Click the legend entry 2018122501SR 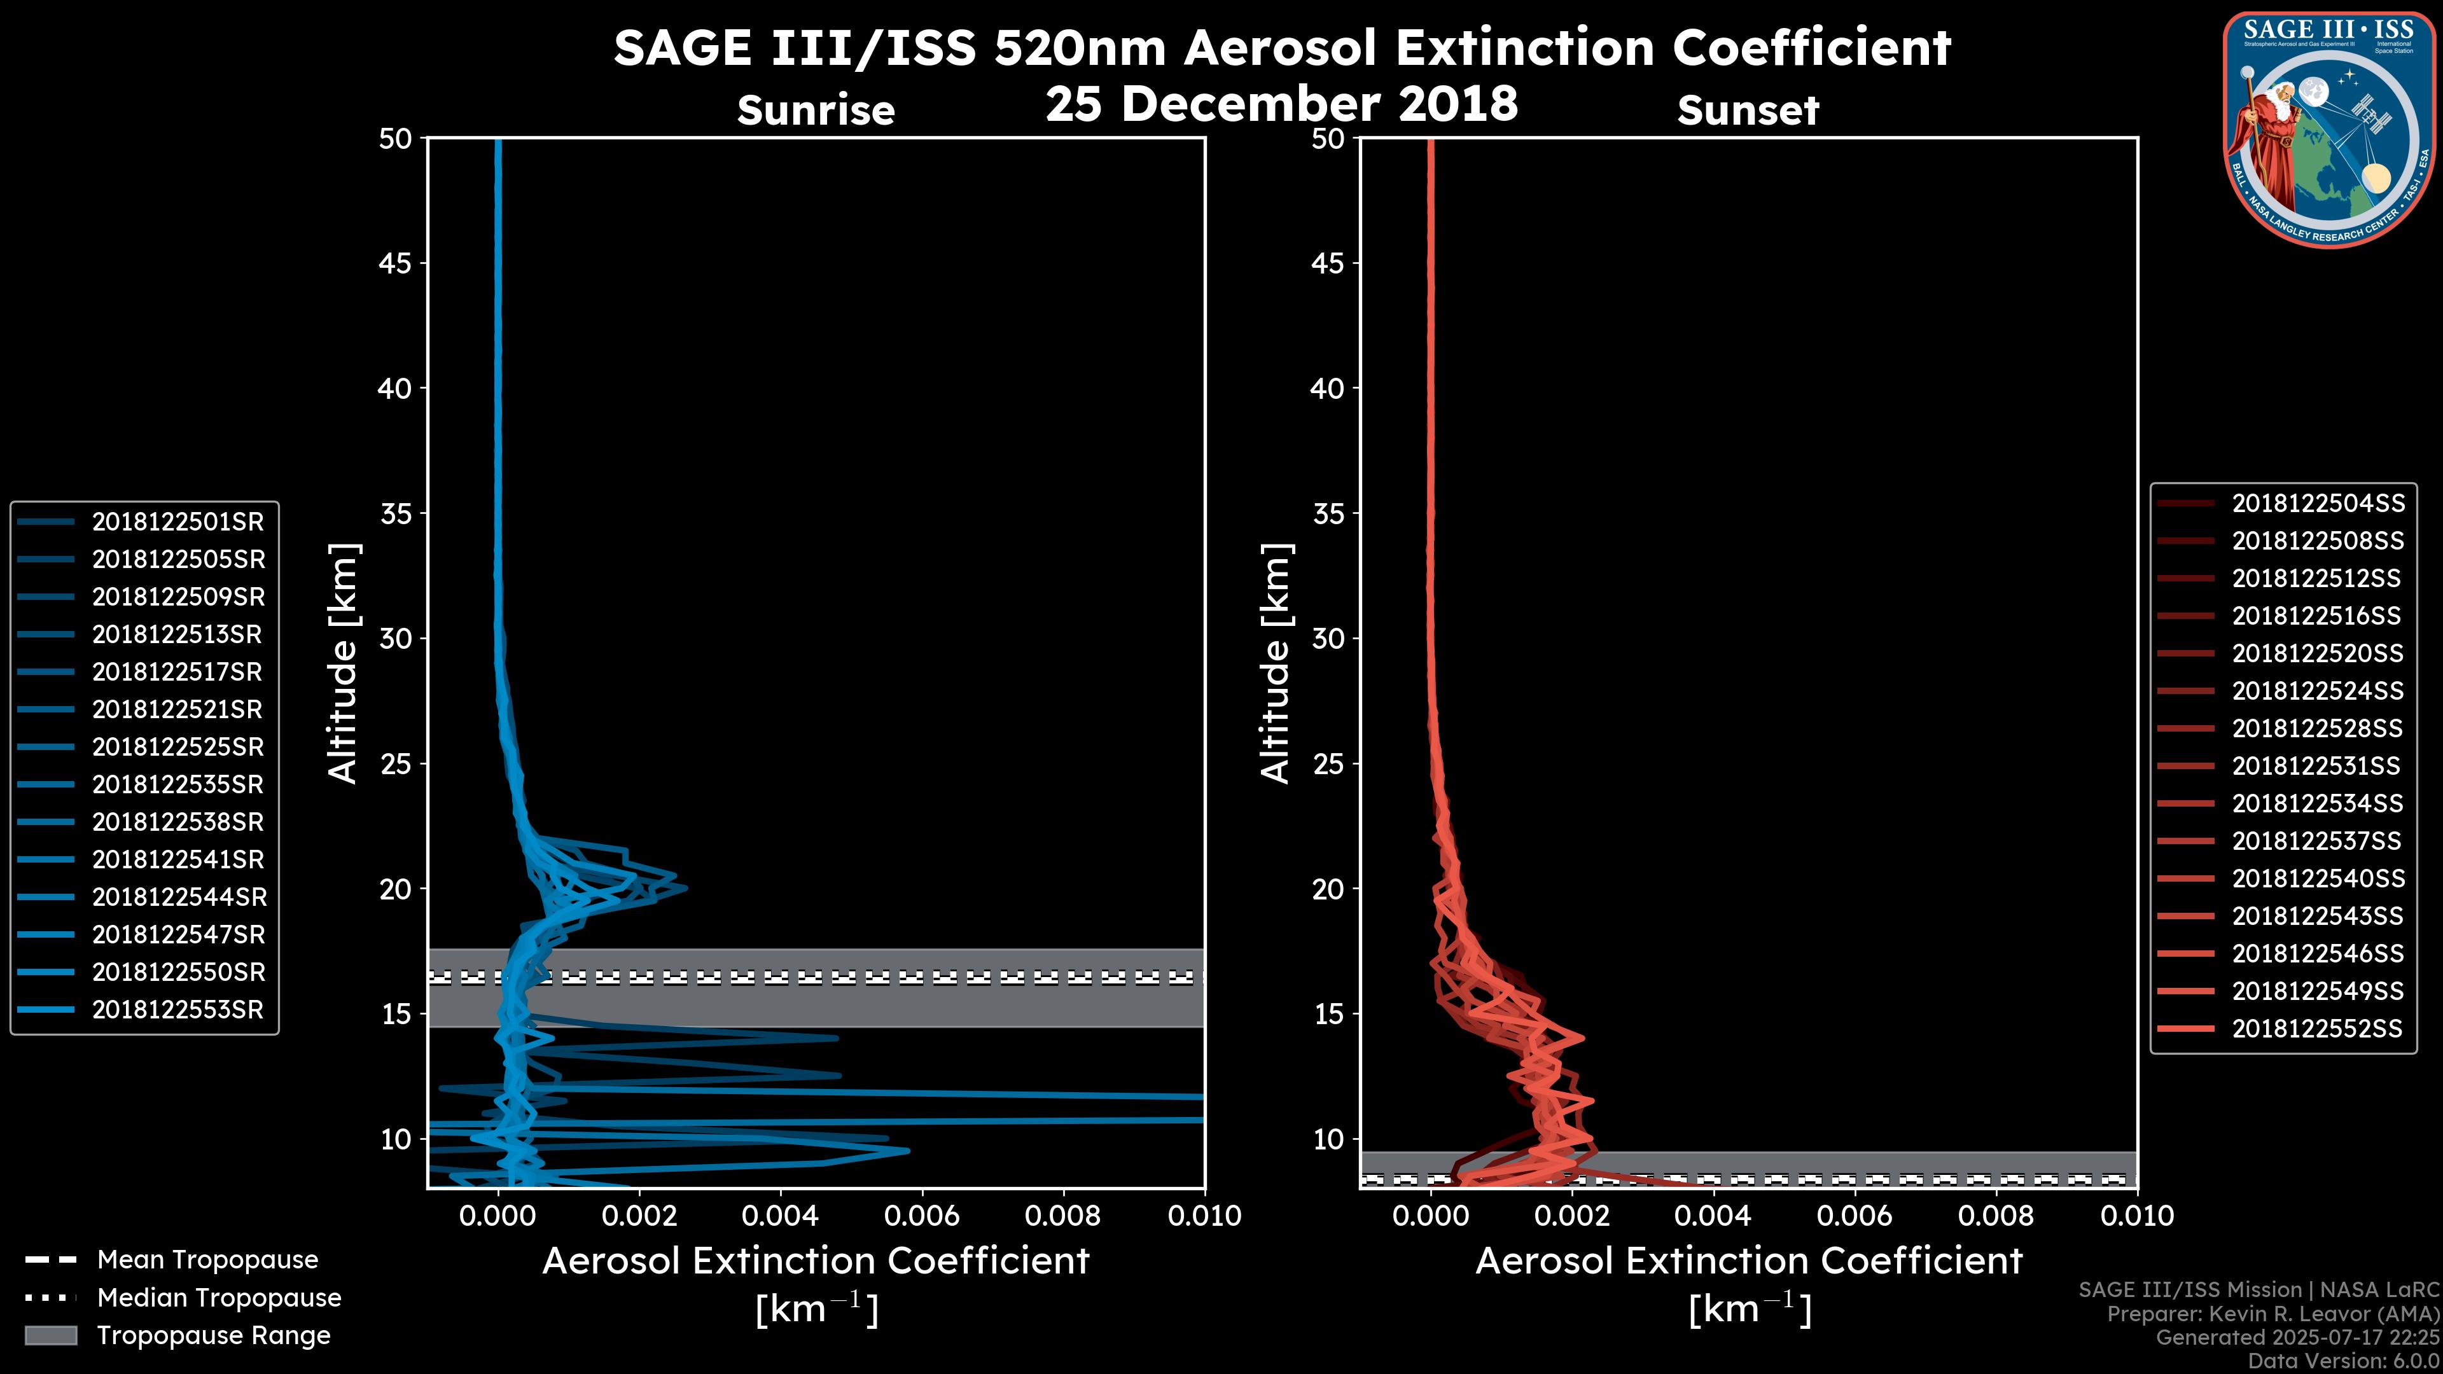coord(177,522)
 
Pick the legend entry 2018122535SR coord(177,784)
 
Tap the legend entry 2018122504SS coord(2317,504)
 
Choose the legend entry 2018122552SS coord(2317,1028)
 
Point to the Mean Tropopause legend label coord(207,1259)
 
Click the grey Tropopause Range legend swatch coord(51,1335)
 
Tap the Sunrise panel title coord(816,111)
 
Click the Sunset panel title coord(1748,111)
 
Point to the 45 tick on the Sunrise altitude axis coord(396,263)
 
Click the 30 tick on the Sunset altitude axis coord(1328,638)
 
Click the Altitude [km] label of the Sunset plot coord(1276,663)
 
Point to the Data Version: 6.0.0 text coord(2342,1361)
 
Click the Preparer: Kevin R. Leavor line coord(2272,1314)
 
